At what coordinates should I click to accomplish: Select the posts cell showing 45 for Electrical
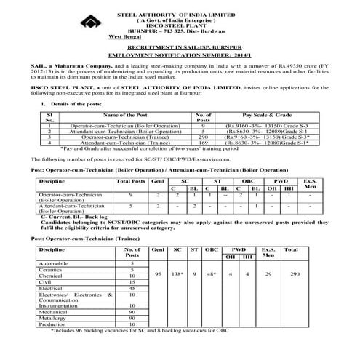[132, 288]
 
